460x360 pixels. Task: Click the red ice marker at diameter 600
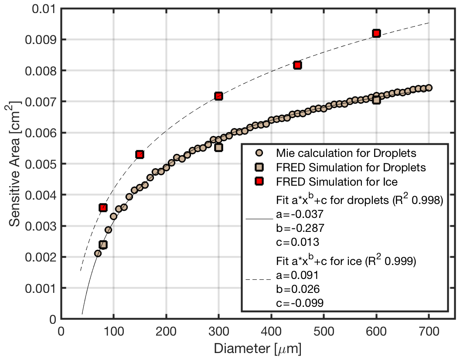click(376, 34)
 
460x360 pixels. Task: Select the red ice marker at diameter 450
click(297, 65)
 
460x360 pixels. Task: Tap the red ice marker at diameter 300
click(218, 96)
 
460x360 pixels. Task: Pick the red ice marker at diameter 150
click(140, 154)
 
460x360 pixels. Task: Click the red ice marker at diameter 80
click(103, 207)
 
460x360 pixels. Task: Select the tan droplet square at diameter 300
click(218, 147)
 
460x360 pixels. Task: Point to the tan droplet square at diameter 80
click(103, 245)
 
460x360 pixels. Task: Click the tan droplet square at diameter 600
click(376, 100)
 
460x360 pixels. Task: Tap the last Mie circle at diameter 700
click(429, 88)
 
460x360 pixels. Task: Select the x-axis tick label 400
click(271, 332)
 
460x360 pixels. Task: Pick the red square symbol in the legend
click(259, 181)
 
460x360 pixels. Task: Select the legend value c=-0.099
click(300, 302)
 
